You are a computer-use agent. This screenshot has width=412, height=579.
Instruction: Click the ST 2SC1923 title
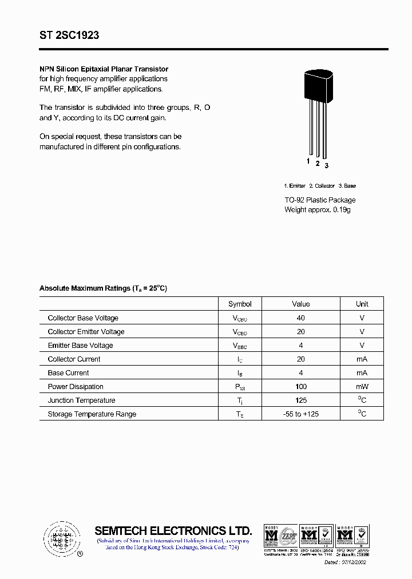pos(69,35)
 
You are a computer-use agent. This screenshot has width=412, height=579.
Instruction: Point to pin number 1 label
pos(308,162)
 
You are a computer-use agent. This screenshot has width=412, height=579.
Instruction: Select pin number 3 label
pos(327,166)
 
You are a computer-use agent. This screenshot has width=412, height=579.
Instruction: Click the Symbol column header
pos(240,304)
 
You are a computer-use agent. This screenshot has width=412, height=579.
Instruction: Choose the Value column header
pos(301,304)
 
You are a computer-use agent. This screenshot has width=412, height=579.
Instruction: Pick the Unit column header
pos(362,304)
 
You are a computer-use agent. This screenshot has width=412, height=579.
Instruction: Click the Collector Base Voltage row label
pos(83,318)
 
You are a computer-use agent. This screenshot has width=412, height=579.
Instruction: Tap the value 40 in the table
pos(301,318)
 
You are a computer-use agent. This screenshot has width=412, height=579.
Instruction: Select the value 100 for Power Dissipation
pos(301,387)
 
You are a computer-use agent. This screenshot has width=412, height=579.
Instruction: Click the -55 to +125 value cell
pos(301,414)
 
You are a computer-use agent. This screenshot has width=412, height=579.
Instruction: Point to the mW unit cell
pos(362,387)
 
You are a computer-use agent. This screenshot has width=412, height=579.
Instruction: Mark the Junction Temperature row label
pos(81,400)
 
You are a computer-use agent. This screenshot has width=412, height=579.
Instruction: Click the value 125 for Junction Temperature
pos(301,400)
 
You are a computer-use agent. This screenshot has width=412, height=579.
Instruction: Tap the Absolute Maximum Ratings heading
pos(103,288)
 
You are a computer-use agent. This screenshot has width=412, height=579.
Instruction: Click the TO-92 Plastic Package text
pos(320,200)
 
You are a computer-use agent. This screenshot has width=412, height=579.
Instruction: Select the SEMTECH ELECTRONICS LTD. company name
pos(173,530)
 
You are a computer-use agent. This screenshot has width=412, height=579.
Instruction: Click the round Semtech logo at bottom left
pos(60,538)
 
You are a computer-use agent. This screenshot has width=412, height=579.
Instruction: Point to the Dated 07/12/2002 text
pos(355,562)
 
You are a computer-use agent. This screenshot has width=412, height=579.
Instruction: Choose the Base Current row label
pos(69,373)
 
